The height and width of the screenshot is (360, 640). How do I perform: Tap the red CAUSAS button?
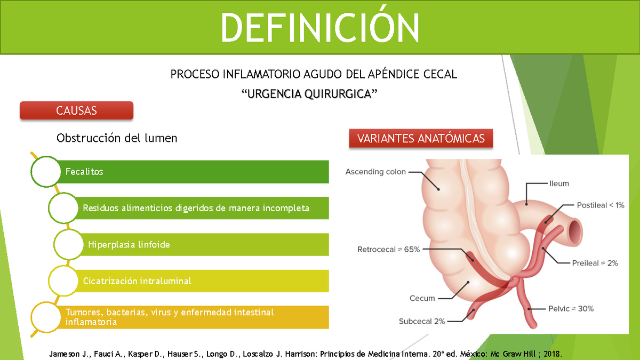click(76, 111)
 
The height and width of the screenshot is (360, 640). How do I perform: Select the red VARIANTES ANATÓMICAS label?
click(421, 139)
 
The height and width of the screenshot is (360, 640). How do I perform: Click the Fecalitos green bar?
click(192, 172)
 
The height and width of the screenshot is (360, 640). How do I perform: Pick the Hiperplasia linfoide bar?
click(203, 244)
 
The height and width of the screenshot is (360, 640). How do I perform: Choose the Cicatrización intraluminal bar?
click(203, 281)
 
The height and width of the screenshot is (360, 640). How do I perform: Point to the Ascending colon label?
click(375, 172)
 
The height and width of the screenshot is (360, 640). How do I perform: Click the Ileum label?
click(559, 183)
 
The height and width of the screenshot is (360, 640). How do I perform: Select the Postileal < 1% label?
click(601, 205)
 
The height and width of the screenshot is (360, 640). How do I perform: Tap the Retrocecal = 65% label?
click(389, 249)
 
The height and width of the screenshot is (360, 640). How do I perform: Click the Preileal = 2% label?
click(595, 263)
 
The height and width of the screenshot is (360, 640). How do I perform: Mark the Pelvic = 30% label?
click(571, 308)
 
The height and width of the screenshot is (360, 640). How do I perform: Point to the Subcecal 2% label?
click(422, 321)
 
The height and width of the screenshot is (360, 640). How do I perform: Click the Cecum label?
click(422, 298)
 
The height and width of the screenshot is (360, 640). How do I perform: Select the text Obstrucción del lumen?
click(117, 138)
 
